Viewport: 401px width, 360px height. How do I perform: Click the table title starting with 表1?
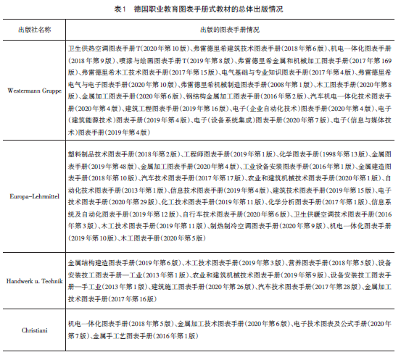(x=200, y=8)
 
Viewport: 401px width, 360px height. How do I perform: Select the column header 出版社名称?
(x=35, y=30)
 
